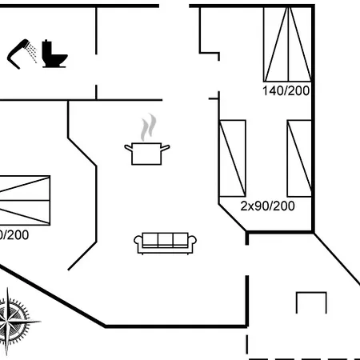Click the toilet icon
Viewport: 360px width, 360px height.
click(54, 54)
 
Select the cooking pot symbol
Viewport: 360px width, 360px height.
click(147, 154)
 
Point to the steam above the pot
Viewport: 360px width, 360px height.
click(148, 127)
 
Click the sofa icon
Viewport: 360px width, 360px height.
click(165, 243)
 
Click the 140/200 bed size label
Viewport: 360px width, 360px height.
click(286, 90)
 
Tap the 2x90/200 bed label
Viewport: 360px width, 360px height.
click(267, 206)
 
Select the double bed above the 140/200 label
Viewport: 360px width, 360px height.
click(287, 44)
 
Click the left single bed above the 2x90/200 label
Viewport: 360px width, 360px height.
click(232, 158)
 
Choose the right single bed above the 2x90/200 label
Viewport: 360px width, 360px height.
click(299, 158)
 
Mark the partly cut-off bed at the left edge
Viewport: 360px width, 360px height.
click(25, 200)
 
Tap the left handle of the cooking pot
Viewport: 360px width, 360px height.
click(129, 147)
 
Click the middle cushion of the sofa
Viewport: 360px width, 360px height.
click(166, 239)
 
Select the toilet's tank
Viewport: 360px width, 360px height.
click(47, 48)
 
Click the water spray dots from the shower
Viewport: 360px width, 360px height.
click(32, 53)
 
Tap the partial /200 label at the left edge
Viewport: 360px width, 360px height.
click(14, 235)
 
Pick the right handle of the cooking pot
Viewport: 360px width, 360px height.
click(166, 147)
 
